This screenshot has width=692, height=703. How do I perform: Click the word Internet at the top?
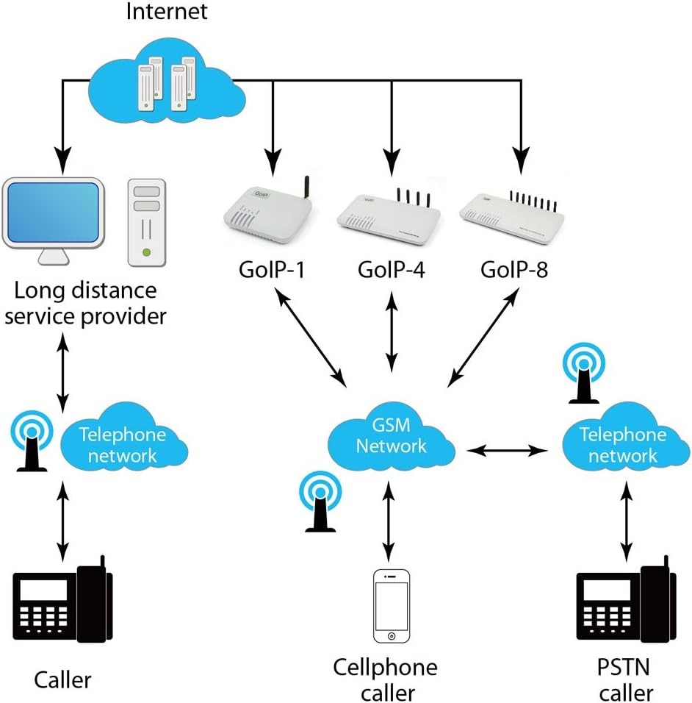coord(167,13)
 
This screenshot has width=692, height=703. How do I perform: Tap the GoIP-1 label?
coord(271,270)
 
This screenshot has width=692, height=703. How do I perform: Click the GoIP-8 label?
coord(514,270)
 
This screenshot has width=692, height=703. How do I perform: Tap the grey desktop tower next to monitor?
coord(148,221)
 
